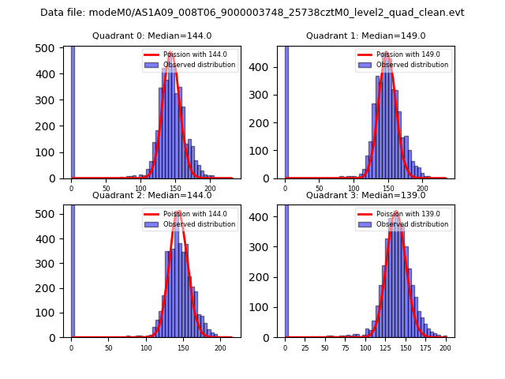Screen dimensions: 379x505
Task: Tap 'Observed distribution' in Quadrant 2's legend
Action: (x=201, y=224)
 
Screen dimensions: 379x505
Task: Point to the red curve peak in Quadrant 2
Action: (x=179, y=212)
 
